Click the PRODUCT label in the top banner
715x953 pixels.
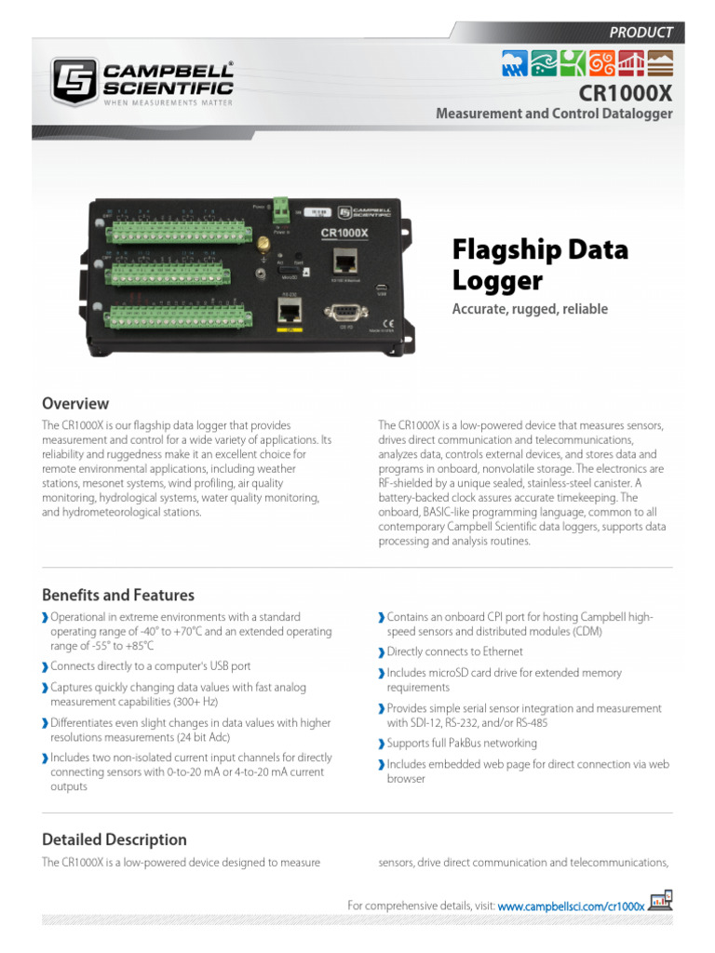pyautogui.click(x=641, y=32)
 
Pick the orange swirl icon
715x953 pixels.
pyautogui.click(x=602, y=63)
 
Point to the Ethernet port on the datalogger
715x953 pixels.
pyautogui.click(x=344, y=261)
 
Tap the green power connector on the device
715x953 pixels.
pyautogui.click(x=278, y=214)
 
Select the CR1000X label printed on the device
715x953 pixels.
pyautogui.click(x=344, y=234)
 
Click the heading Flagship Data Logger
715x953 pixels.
pyautogui.click(x=540, y=265)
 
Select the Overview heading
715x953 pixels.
pyautogui.click(x=75, y=404)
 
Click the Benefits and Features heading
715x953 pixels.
pyautogui.click(x=118, y=595)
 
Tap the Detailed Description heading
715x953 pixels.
pyautogui.click(x=115, y=839)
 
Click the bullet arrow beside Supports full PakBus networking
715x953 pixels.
pyautogui.click(x=382, y=745)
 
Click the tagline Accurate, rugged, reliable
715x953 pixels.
pyautogui.click(x=530, y=309)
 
